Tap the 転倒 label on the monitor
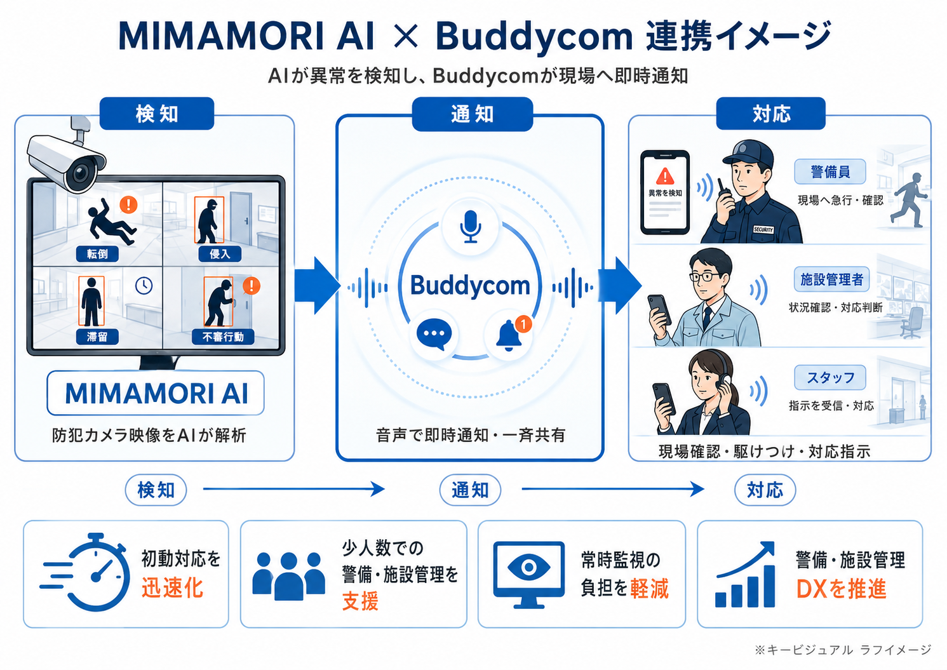point(97,254)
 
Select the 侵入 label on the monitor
point(220,254)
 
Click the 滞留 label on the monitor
point(97,337)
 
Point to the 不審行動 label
point(223,337)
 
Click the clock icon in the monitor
point(144,286)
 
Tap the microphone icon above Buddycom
point(470,227)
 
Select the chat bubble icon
point(434,335)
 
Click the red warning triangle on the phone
point(665,176)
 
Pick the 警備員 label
point(830,171)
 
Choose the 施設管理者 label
point(831,279)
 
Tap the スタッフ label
point(830,377)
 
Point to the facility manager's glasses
point(704,277)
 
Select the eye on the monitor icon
point(528,567)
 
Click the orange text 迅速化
point(172,588)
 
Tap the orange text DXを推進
point(841,589)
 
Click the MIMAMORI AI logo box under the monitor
point(156,393)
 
